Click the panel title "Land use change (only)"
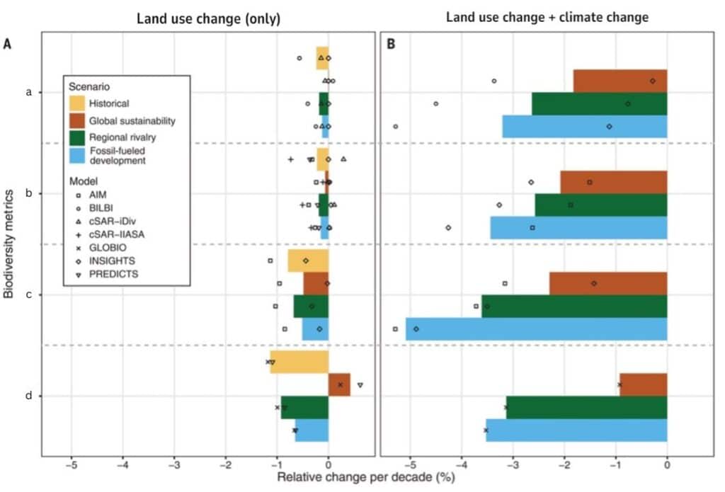click(x=209, y=19)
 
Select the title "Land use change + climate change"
click(x=547, y=18)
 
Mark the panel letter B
click(x=390, y=44)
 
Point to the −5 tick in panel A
click(x=71, y=464)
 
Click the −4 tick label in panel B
click(x=460, y=464)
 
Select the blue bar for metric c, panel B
click(x=536, y=329)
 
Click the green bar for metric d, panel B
click(x=586, y=407)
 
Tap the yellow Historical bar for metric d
click(x=299, y=362)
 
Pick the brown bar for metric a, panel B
click(x=620, y=81)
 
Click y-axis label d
click(x=28, y=396)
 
